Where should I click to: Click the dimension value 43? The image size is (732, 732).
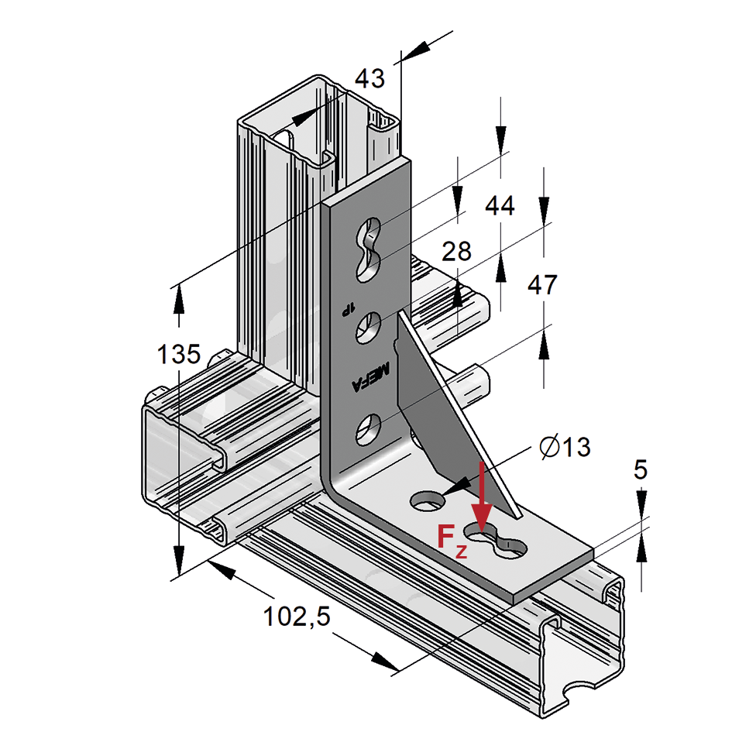coord(369,78)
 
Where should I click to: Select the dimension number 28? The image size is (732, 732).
coord(456,251)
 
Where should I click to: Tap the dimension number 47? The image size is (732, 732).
coord(542,284)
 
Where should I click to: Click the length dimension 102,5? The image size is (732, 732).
coord(297,617)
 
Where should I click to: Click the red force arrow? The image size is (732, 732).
coord(483,496)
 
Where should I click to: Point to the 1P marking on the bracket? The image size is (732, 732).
coord(345,308)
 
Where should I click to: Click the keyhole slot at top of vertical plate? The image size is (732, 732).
coord(369,249)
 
